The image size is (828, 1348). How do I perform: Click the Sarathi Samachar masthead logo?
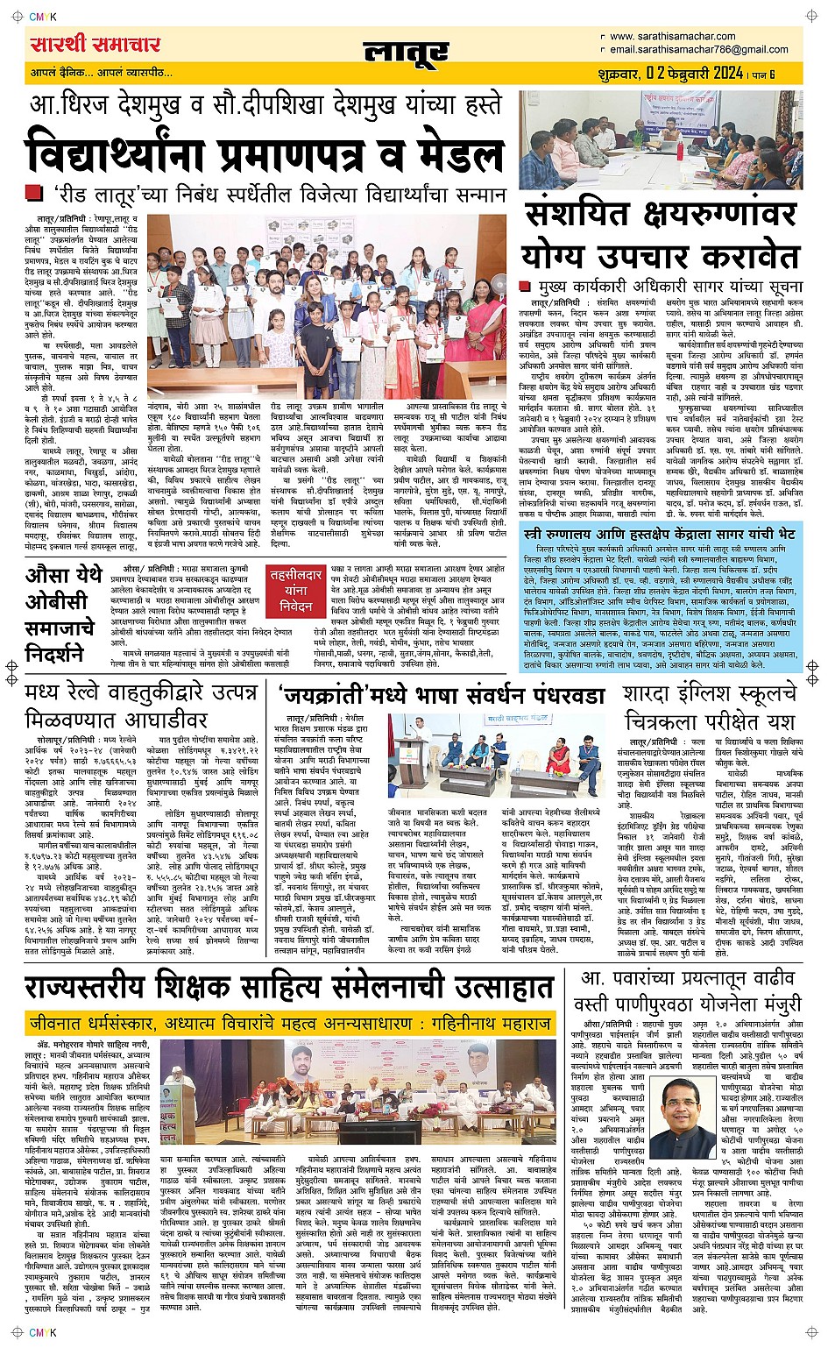(x=95, y=45)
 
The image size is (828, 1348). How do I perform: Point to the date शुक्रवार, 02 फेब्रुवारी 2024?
(x=671, y=74)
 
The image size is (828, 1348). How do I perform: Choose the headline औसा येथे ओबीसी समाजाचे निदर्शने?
(x=61, y=614)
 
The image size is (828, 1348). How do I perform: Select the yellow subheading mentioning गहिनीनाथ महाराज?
(x=289, y=1024)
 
